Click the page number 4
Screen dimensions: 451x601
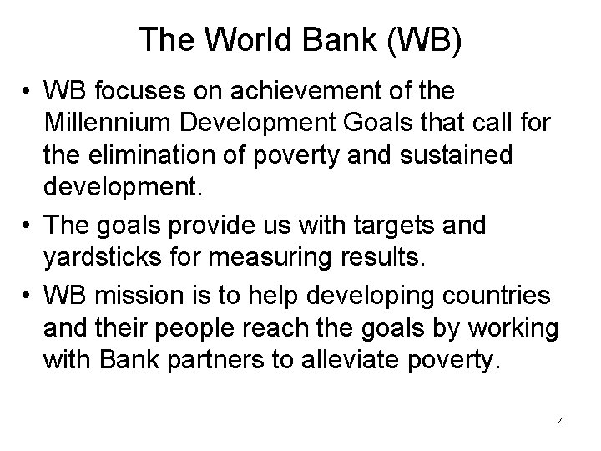point(561,421)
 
